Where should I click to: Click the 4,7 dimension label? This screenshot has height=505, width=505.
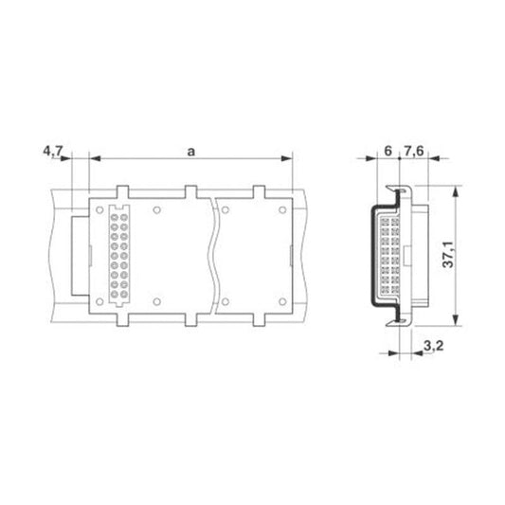coord(53,151)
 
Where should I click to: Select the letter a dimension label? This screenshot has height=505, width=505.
coord(191,152)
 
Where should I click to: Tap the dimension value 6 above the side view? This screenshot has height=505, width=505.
coord(388,151)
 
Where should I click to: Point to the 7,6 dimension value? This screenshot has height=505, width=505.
coord(414,151)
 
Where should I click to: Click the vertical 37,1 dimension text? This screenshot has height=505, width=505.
coord(448,254)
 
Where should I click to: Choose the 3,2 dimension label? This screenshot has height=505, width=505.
coord(434,346)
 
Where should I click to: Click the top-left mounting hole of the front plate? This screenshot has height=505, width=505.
coord(99,210)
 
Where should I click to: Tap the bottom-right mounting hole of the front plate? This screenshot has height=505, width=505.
coord(282,302)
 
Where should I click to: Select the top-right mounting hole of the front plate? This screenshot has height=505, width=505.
coord(282,210)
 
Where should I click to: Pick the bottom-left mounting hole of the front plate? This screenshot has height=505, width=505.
coord(99,302)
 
